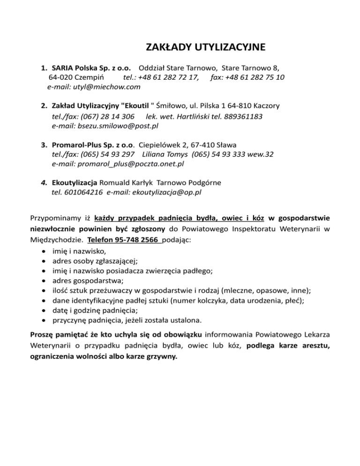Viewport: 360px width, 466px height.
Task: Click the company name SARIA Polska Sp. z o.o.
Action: point(94,68)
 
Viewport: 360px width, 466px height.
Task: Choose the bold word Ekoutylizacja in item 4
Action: point(75,182)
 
